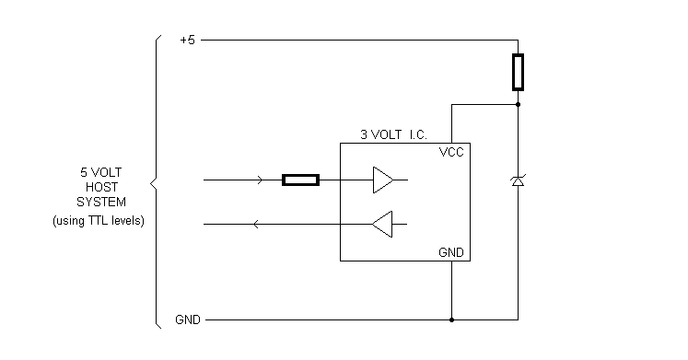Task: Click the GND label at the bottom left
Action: coord(187,320)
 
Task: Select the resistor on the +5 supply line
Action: coord(519,73)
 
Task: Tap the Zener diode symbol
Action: coord(519,181)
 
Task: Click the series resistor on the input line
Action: coord(300,180)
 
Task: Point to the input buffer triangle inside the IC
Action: coord(382,180)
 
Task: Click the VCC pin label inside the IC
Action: coord(451,153)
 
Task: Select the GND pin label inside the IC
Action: coord(451,251)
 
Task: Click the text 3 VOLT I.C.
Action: coord(393,134)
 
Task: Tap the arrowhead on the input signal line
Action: coord(262,180)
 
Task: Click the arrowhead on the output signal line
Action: coord(255,224)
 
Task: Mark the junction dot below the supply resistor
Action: coord(519,105)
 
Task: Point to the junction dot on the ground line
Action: coord(451,320)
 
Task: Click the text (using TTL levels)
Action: coord(98,222)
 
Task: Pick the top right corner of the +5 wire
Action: coord(519,41)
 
